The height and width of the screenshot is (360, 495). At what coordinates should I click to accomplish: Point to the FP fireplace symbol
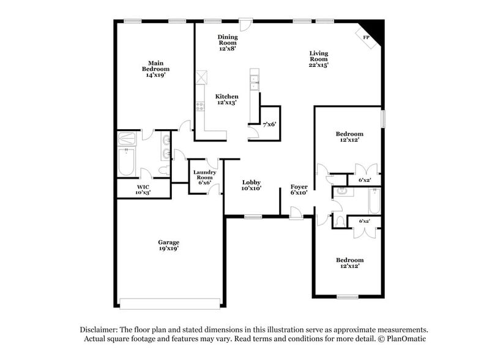pos(368,36)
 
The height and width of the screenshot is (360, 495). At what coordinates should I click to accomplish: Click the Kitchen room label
pos(226,100)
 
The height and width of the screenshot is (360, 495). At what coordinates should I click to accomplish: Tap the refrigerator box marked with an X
pos(200,78)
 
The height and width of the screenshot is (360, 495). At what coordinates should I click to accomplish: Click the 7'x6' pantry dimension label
pos(269,124)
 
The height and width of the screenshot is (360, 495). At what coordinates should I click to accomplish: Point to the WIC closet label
pos(143,189)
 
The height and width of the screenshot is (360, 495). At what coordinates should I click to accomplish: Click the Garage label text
pos(168,246)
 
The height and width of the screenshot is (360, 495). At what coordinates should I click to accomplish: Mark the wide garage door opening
pos(169,303)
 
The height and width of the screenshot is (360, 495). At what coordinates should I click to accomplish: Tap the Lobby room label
pos(251,186)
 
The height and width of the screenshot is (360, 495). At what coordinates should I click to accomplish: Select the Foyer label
pos(299,189)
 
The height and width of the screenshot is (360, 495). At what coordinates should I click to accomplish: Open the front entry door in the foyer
pos(296,213)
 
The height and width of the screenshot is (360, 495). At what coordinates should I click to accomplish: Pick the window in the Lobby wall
pos(253,216)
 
